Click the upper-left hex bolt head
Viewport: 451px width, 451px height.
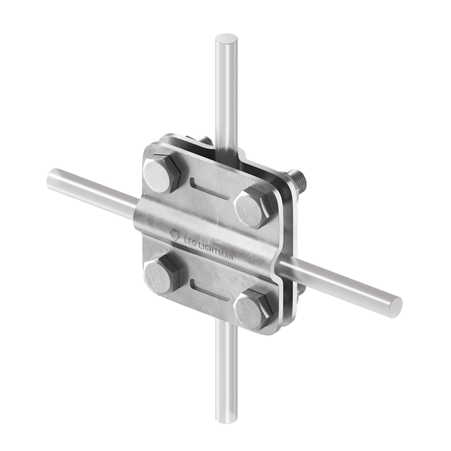click(x=162, y=175)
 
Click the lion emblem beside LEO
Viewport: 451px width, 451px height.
click(x=175, y=235)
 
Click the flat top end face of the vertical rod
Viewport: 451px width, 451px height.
click(x=226, y=38)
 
